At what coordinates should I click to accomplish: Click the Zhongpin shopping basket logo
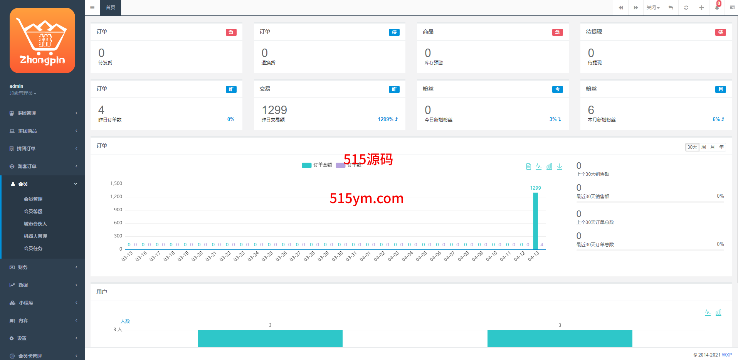click(x=42, y=40)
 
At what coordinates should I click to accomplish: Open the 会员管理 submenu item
click(x=33, y=199)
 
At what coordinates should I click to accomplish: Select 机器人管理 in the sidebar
click(x=35, y=236)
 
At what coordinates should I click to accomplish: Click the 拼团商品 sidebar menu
click(x=27, y=131)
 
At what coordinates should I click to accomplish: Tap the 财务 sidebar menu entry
click(x=23, y=267)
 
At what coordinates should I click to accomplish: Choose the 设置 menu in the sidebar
click(x=22, y=338)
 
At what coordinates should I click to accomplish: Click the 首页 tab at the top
click(x=111, y=8)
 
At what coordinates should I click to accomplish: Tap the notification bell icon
click(x=717, y=8)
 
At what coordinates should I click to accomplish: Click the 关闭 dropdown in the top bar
click(x=653, y=8)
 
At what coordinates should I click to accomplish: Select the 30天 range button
click(x=692, y=147)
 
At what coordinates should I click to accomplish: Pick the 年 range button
click(x=721, y=147)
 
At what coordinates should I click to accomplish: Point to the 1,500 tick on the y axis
click(x=116, y=183)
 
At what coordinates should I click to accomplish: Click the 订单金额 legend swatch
click(x=307, y=165)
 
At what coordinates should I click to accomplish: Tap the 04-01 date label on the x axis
click(x=365, y=256)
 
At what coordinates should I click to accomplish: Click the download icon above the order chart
click(x=560, y=167)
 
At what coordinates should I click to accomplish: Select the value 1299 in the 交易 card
click(x=274, y=110)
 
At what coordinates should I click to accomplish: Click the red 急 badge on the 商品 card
click(x=557, y=32)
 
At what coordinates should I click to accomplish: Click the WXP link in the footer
click(x=727, y=355)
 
